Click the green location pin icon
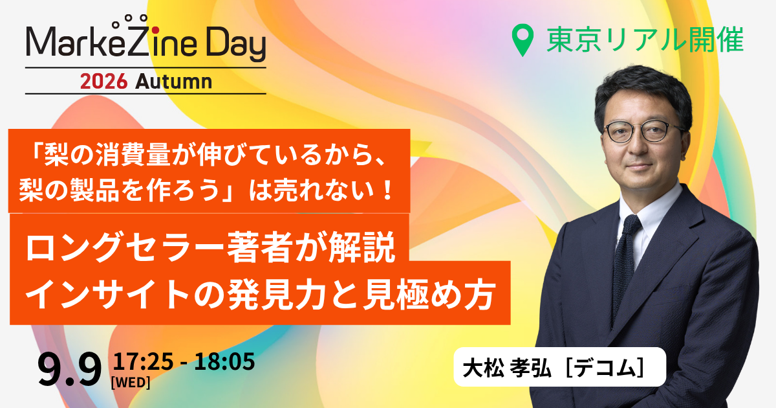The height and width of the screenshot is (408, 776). (x=523, y=40)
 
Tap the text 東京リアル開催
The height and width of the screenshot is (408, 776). (x=645, y=40)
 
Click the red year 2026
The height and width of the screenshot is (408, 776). (x=103, y=82)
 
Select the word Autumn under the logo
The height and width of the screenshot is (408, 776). (x=173, y=82)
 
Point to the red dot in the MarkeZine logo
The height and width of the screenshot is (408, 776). (x=156, y=30)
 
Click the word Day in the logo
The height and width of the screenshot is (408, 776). (x=236, y=45)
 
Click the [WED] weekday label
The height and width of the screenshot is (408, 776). (x=131, y=383)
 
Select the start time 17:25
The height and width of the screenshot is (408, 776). (x=143, y=361)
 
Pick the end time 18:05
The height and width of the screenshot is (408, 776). (x=224, y=361)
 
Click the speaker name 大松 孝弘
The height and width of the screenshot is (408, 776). (x=507, y=368)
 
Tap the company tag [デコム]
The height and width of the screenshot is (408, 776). (x=605, y=368)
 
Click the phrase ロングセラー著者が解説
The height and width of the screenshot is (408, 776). (x=211, y=247)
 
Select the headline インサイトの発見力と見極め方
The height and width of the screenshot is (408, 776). (x=260, y=295)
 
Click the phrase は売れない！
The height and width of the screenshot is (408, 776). (x=321, y=190)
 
